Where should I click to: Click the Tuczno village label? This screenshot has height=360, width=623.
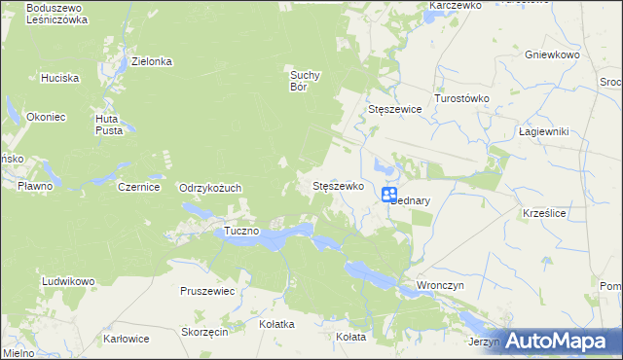(x=240, y=231)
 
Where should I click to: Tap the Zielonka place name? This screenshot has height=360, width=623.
(x=152, y=61)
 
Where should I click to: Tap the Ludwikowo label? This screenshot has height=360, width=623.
(x=68, y=281)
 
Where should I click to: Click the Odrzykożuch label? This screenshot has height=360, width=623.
(x=210, y=188)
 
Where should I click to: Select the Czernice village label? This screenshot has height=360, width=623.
(x=138, y=187)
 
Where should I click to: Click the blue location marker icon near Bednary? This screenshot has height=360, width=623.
(x=388, y=195)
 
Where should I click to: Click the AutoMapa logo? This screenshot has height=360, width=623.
(x=560, y=341)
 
